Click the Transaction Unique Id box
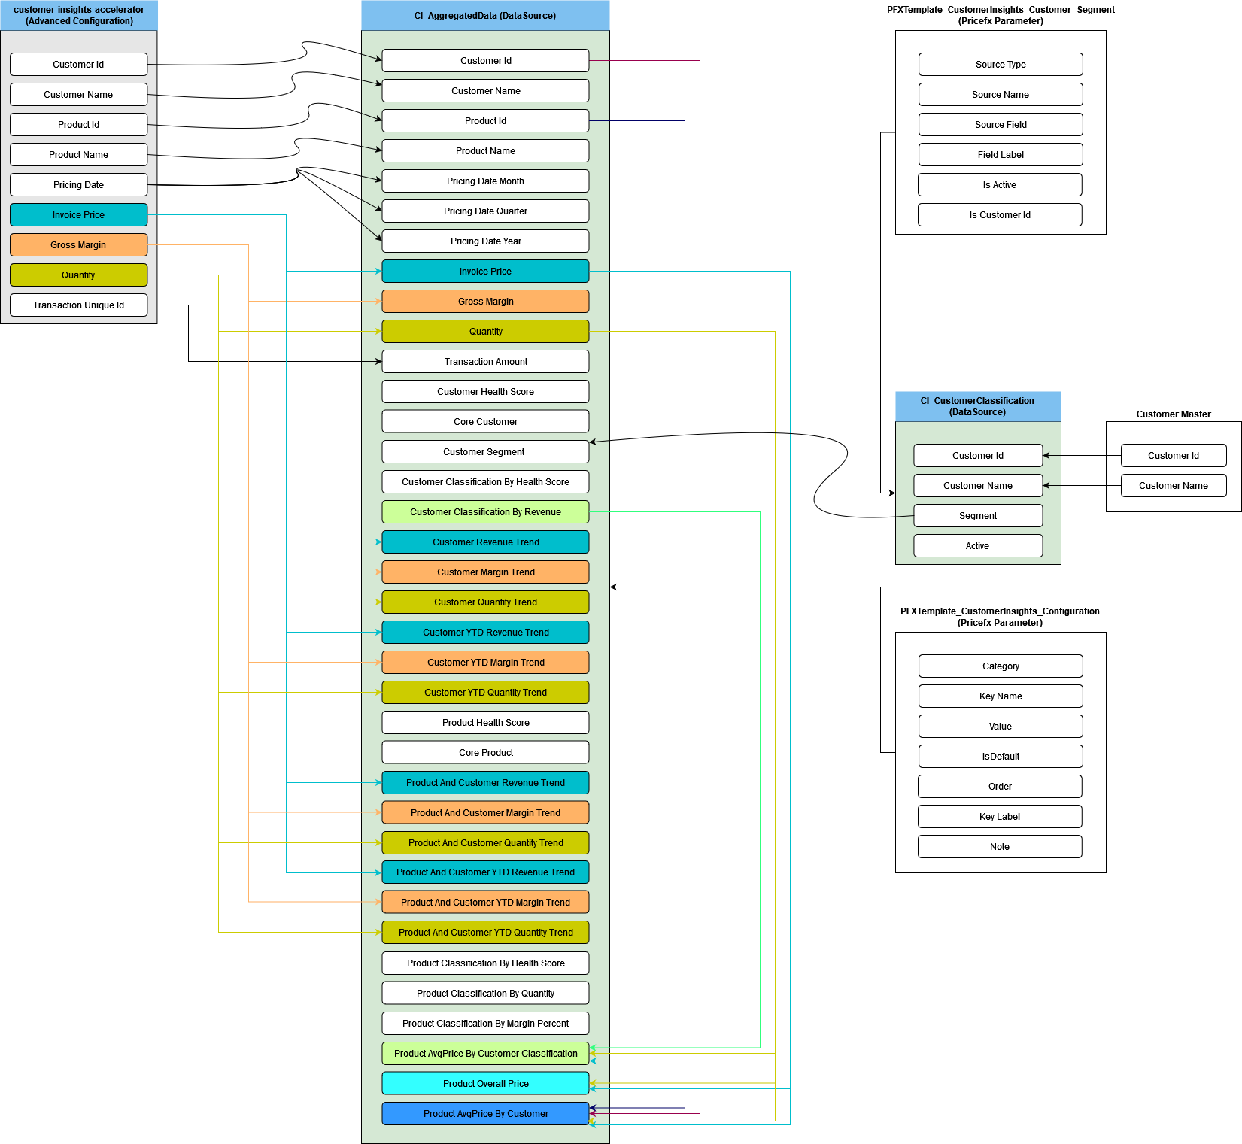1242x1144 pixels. pos(78,305)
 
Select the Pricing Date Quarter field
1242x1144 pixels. pos(485,211)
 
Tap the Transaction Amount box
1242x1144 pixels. pos(485,361)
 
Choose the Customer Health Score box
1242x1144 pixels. pos(485,391)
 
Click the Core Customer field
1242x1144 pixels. pos(485,421)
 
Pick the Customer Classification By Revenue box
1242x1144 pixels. pos(485,511)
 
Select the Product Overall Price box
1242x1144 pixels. pos(485,1083)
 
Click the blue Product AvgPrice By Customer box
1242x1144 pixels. pos(485,1113)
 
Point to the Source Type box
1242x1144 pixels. pos(1001,64)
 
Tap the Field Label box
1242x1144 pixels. pos(1001,154)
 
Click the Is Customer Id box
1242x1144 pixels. pos(1000,214)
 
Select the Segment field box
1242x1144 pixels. pos(978,515)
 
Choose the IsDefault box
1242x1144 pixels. pos(1001,756)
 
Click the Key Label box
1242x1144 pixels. pos(1000,816)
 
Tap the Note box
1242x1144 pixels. pos(1000,846)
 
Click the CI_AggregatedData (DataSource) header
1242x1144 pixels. pos(485,15)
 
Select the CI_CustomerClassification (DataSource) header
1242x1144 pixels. pos(978,406)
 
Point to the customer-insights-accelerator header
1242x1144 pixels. pos(79,15)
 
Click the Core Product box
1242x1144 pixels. pos(485,752)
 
